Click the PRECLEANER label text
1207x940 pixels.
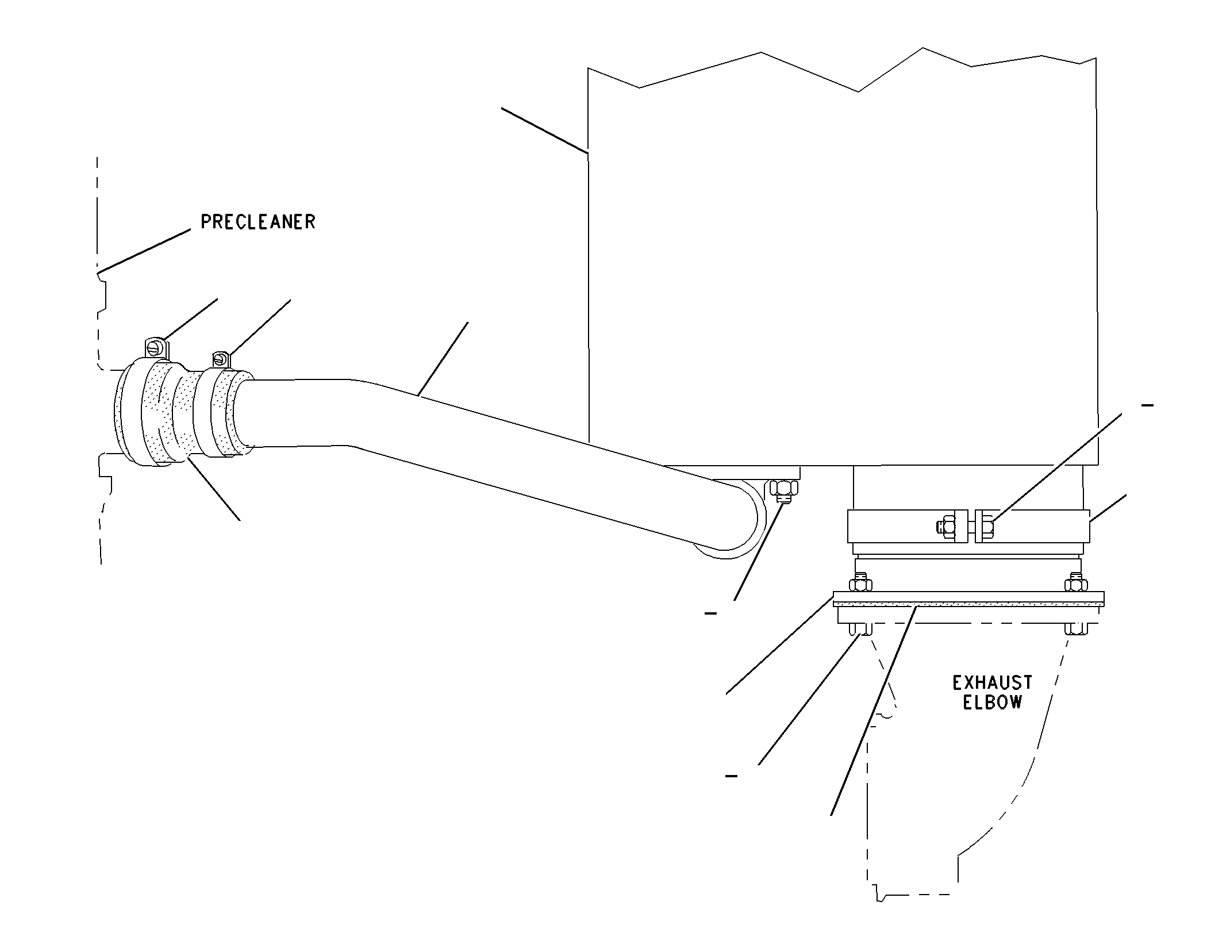(258, 222)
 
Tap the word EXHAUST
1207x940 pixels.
(992, 683)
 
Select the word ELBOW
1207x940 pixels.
(992, 703)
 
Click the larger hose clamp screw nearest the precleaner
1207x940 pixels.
(155, 348)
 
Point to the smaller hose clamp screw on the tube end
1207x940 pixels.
(220, 359)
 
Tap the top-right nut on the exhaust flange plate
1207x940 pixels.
(1076, 584)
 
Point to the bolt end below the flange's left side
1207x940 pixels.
(860, 629)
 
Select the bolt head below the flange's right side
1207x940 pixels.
(1076, 629)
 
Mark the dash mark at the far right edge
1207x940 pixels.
(1147, 405)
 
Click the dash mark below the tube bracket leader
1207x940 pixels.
(711, 613)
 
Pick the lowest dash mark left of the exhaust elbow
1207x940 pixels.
(732, 776)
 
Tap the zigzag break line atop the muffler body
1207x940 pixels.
(842, 72)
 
